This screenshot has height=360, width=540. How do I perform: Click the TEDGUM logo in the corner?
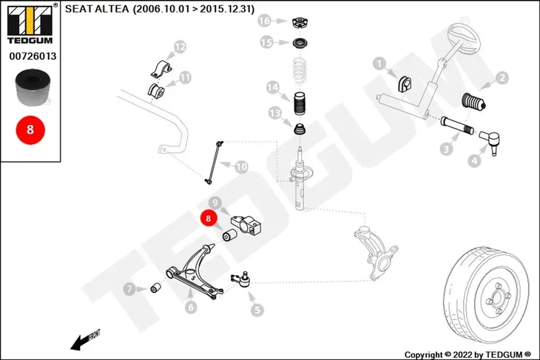[30, 24]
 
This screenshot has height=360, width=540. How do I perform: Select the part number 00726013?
[33, 56]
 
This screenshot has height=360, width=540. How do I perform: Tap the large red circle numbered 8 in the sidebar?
[30, 130]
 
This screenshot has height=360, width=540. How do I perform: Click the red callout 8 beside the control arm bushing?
[208, 218]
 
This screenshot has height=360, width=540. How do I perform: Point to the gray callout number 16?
[265, 21]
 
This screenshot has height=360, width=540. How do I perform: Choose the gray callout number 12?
[180, 47]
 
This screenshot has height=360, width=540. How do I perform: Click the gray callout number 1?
[379, 64]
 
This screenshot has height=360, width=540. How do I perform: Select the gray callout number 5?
[257, 310]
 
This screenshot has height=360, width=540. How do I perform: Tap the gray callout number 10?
[241, 167]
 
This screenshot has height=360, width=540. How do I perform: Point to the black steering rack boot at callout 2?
[473, 102]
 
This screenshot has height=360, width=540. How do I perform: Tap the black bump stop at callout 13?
[300, 129]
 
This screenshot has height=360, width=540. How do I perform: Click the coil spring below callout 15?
[300, 71]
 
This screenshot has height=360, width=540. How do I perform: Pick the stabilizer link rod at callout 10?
[214, 162]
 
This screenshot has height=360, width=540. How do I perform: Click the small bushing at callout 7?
[156, 288]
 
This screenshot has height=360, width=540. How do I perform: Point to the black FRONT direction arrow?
[80, 342]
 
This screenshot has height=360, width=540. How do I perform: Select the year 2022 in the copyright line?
[463, 355]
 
